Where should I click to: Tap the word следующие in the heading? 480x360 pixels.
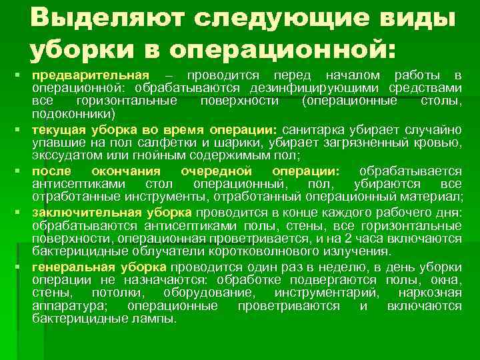[284, 18]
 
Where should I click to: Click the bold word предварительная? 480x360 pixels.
[92, 74]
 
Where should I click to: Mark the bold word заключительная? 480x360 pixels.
[84, 211]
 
